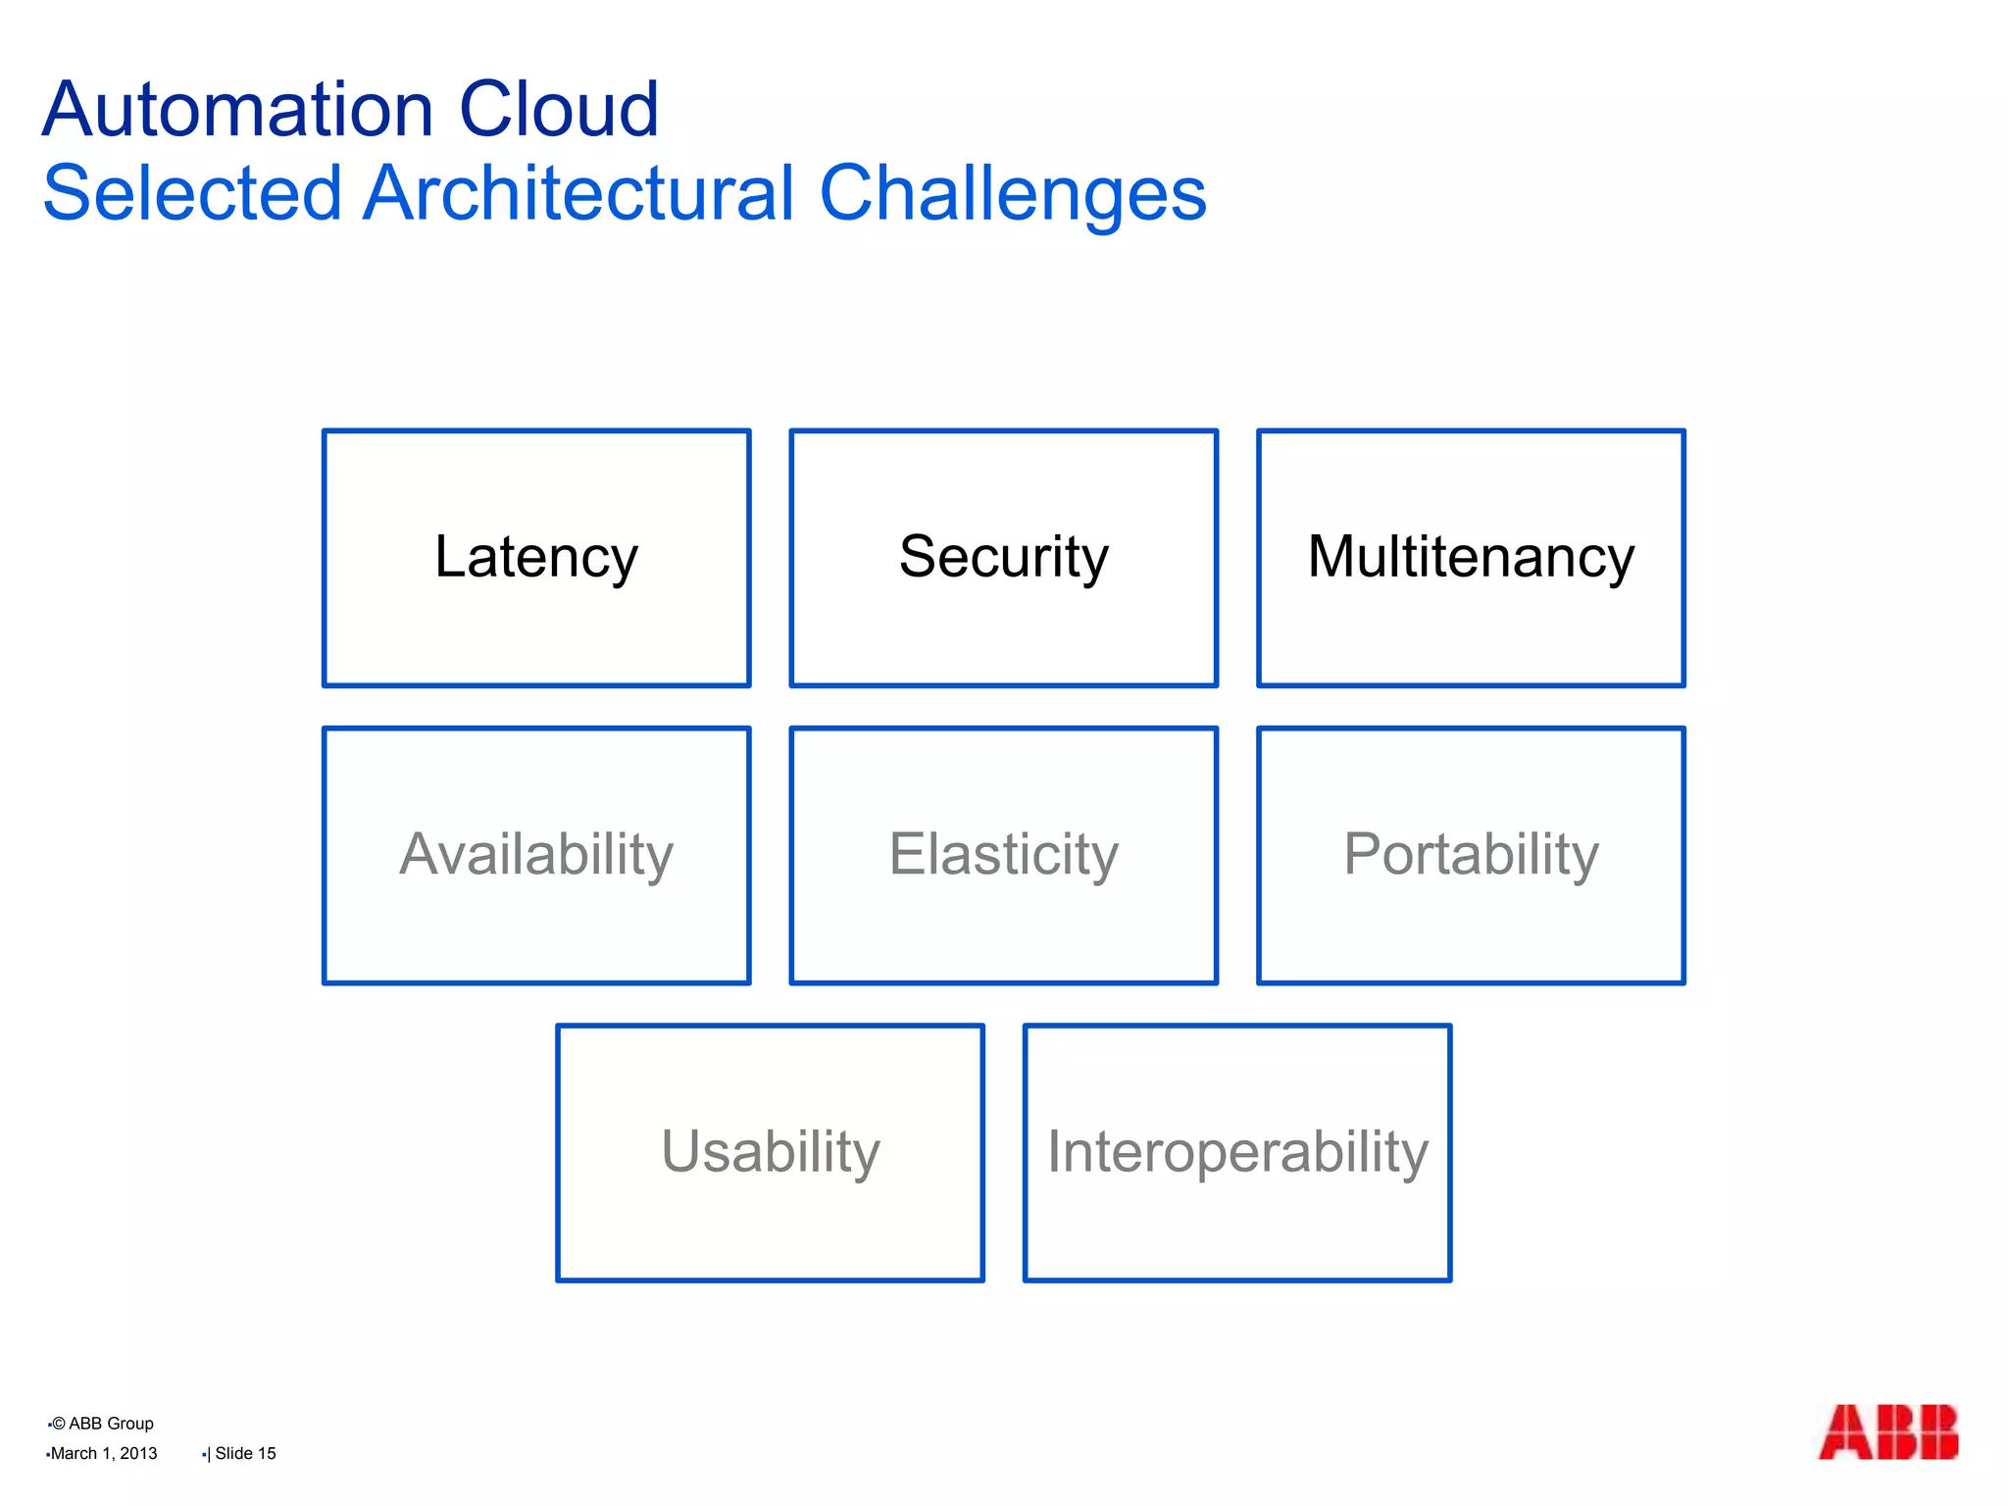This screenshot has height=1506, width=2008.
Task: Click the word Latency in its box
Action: click(x=535, y=557)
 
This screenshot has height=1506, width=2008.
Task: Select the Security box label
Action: click(x=1003, y=557)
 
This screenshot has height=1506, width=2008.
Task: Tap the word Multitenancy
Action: click(x=1471, y=557)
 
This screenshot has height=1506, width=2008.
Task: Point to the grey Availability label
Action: click(x=535, y=854)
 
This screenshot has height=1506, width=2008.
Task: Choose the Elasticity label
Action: click(x=1003, y=854)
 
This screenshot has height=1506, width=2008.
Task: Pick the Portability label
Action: click(x=1471, y=854)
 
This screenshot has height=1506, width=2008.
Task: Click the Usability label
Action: click(x=770, y=1151)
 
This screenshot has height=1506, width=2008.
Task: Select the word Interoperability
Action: click(x=1237, y=1151)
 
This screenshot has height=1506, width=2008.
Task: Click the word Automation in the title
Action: click(x=238, y=110)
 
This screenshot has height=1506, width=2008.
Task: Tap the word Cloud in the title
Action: click(x=559, y=110)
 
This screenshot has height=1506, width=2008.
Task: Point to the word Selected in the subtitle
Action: click(x=192, y=193)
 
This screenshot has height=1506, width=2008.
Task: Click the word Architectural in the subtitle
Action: click(x=578, y=193)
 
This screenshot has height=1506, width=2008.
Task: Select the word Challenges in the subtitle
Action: click(x=1012, y=195)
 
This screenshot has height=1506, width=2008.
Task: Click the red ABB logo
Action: click(x=1887, y=1432)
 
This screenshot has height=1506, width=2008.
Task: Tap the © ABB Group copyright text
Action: click(x=102, y=1424)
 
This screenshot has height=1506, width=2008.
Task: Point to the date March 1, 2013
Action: click(x=103, y=1453)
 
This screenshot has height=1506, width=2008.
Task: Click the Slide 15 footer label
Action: click(x=245, y=1453)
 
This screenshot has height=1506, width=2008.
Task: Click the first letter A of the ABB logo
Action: click(x=1843, y=1432)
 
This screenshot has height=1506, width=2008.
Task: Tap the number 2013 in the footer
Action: click(x=138, y=1453)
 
